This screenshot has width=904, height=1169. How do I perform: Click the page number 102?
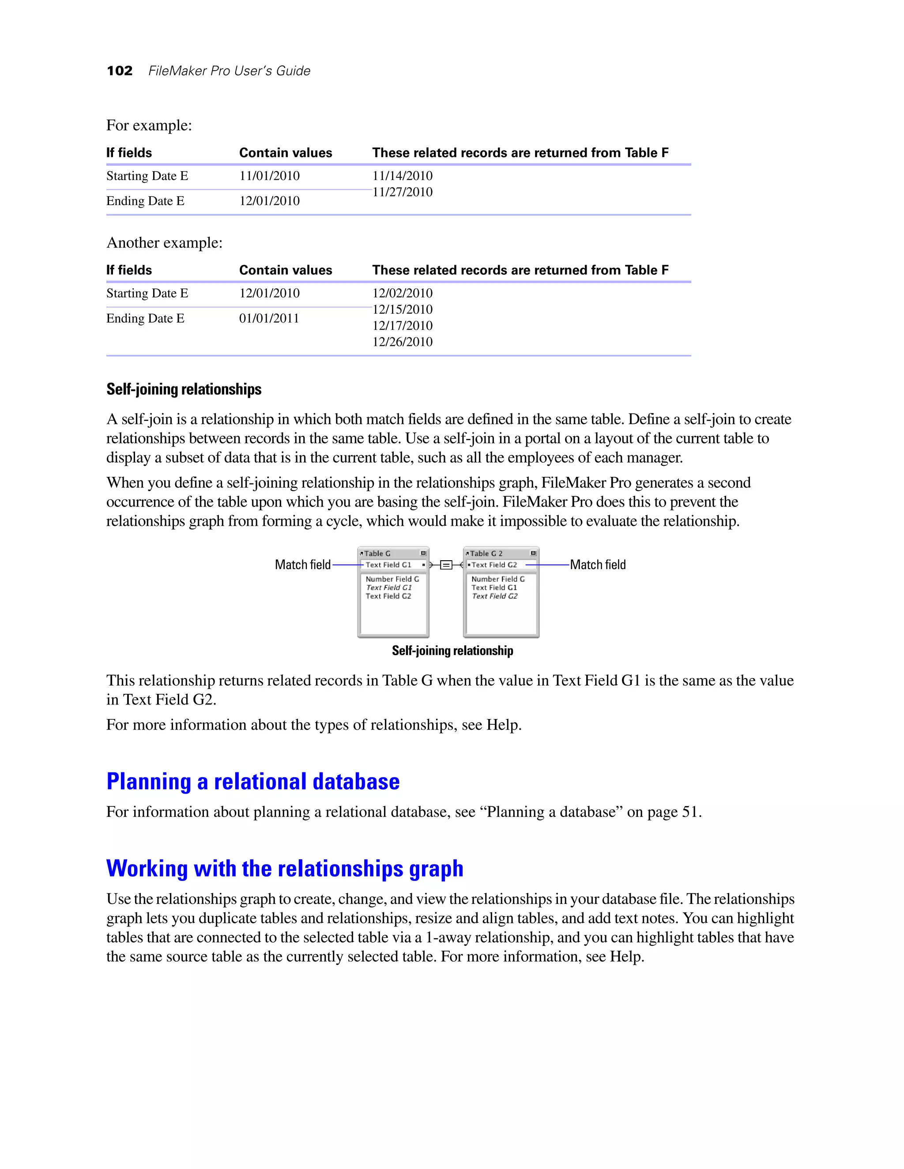120,71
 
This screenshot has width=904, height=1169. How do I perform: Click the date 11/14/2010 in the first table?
402,176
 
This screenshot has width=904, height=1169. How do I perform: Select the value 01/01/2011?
269,318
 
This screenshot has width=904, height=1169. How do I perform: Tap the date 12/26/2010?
402,341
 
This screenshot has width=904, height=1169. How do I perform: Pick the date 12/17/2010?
402,326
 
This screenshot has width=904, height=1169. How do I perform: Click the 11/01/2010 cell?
269,176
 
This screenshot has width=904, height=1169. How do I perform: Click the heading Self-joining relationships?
184,389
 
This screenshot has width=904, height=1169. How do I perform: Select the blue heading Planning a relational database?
253,782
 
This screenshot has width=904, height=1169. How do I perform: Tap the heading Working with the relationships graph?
284,868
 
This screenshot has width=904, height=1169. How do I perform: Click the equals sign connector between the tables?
445,565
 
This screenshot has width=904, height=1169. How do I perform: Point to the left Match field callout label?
302,565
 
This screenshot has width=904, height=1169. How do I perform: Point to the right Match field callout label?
598,565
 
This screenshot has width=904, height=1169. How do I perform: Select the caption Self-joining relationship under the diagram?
452,650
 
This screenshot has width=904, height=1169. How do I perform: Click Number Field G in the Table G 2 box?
497,579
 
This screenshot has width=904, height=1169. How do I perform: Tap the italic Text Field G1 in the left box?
389,587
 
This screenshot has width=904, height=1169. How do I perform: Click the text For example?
149,125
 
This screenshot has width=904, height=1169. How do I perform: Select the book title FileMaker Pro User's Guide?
229,71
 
